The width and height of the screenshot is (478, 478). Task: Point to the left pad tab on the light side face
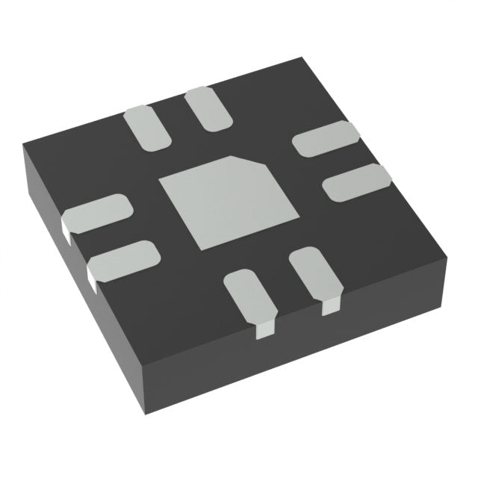[x=264, y=329]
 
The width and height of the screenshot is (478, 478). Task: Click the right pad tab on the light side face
[x=330, y=305]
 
